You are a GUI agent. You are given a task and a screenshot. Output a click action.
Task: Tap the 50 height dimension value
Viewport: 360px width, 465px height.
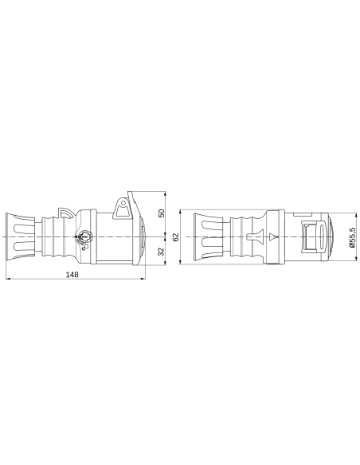click(x=161, y=213)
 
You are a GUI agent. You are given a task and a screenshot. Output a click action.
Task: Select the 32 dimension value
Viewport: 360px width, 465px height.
click(x=161, y=252)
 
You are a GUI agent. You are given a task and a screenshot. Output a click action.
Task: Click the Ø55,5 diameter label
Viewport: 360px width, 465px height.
click(x=352, y=236)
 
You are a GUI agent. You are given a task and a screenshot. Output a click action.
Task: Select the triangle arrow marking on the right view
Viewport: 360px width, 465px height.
click(x=273, y=236)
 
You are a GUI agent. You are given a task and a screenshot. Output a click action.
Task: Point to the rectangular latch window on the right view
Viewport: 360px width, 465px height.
click(x=307, y=236)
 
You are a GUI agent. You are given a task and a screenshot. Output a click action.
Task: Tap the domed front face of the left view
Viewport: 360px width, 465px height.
click(x=142, y=237)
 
